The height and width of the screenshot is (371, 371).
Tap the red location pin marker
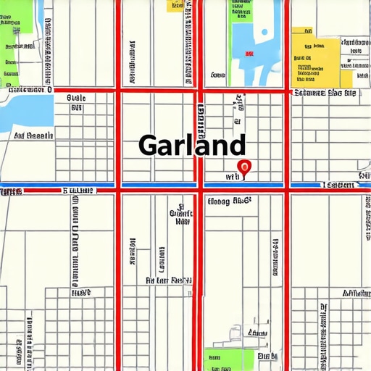pyautogui.click(x=245, y=167)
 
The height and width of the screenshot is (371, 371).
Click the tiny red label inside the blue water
pyautogui.click(x=249, y=54)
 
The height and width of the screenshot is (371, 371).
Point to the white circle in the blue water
pyautogui.click(x=262, y=35)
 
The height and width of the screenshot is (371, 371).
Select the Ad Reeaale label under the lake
pyautogui.click(x=33, y=136)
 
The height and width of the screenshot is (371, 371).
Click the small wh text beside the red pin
pyautogui.click(x=232, y=176)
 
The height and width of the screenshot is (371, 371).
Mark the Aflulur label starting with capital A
pyautogui.click(x=356, y=293)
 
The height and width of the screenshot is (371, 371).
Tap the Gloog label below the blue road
pyautogui.click(x=228, y=201)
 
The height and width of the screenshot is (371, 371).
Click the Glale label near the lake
pyautogui.click(x=76, y=97)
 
